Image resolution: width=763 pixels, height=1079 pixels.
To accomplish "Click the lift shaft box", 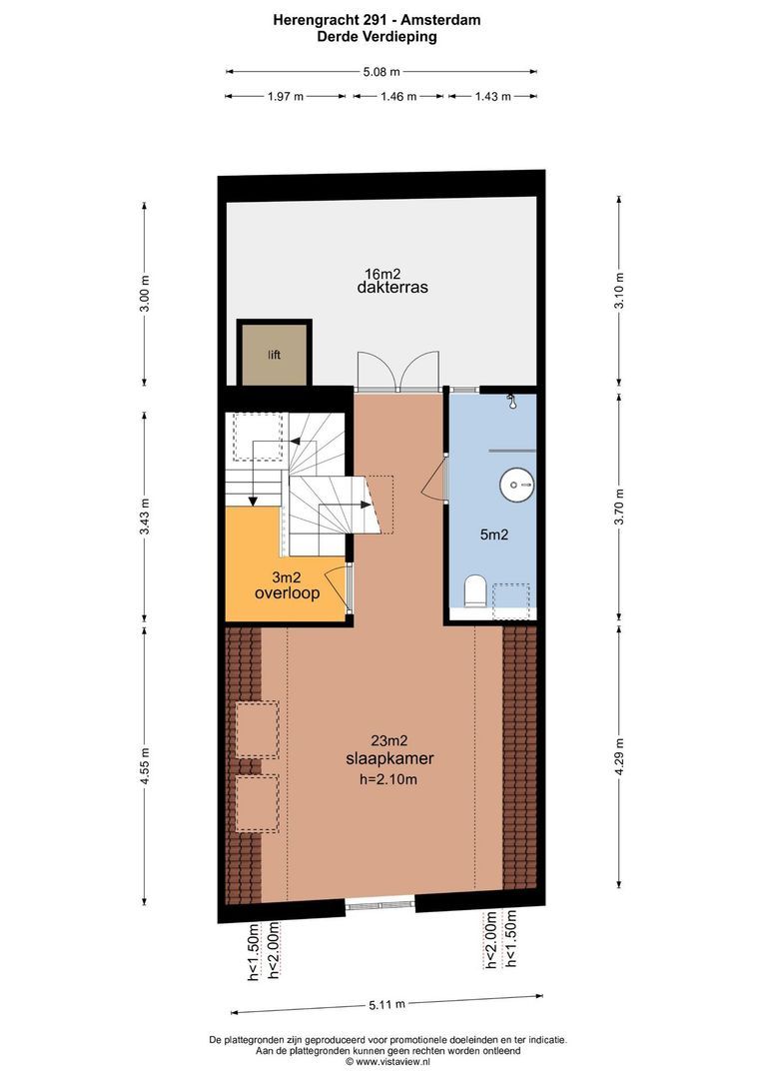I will pyautogui.click(x=274, y=354).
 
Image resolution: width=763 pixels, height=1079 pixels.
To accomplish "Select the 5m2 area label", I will pyautogui.click(x=493, y=535).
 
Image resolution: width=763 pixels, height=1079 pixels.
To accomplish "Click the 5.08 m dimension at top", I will pyautogui.click(x=381, y=71).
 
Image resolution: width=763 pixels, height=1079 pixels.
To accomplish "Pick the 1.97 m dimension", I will pyautogui.click(x=285, y=97).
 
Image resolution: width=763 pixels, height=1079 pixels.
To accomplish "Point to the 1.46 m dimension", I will pyautogui.click(x=397, y=97).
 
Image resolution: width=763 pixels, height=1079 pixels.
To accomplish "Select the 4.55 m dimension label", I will pyautogui.click(x=145, y=767).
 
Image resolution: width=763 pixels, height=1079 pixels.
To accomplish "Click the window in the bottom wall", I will pyautogui.click(x=381, y=905).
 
